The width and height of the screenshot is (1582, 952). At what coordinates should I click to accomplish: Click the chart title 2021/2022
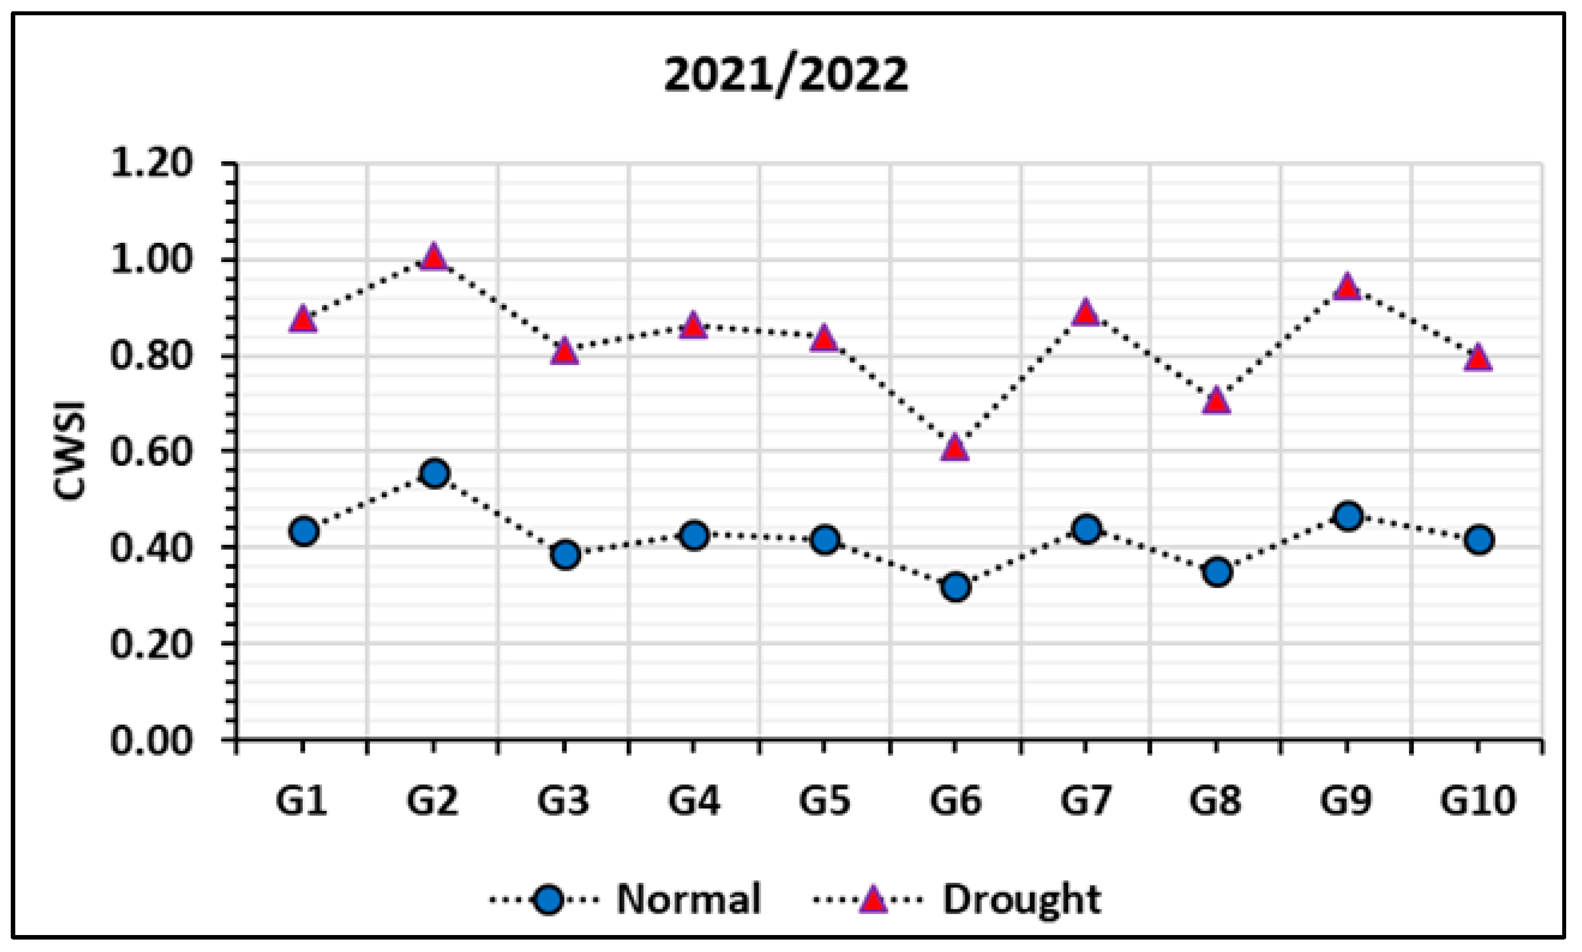(785, 76)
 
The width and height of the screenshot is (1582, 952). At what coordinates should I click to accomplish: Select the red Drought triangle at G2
(433, 258)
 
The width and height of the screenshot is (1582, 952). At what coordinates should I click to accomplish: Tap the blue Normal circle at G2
(434, 473)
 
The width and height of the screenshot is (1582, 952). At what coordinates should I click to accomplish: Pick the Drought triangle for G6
(955, 448)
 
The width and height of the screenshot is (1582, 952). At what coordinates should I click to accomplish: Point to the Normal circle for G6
(956, 586)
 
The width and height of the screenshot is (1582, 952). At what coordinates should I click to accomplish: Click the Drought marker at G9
(1347, 288)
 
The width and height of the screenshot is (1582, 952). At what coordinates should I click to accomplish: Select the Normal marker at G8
(1217, 571)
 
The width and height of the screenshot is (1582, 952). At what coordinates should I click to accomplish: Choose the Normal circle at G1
(303, 531)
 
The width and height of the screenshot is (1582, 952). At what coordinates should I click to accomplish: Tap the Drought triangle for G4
(693, 327)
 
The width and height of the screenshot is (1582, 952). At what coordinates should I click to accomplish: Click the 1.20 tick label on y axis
(151, 163)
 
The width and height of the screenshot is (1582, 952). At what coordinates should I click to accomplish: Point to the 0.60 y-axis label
(151, 452)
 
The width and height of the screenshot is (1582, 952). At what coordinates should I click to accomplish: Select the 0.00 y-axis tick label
(151, 741)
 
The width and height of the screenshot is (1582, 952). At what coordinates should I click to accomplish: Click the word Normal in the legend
(688, 899)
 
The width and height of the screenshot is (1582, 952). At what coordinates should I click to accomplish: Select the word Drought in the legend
(1021, 899)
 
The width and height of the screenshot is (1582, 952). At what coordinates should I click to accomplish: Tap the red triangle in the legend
(871, 899)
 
